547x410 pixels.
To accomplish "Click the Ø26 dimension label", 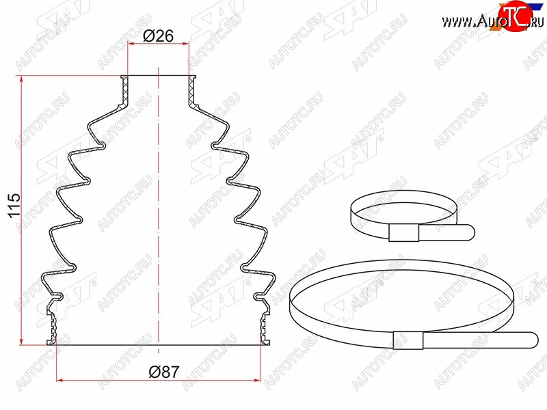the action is [x=158, y=36].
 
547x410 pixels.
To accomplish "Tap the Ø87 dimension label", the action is [x=163, y=372].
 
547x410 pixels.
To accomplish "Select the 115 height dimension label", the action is [x=14, y=206].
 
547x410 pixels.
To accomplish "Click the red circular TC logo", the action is [x=516, y=14].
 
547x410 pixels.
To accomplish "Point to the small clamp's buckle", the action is [x=403, y=233].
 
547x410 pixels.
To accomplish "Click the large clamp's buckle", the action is [x=408, y=340].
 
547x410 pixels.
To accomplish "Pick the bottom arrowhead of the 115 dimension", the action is [x=22, y=340].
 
